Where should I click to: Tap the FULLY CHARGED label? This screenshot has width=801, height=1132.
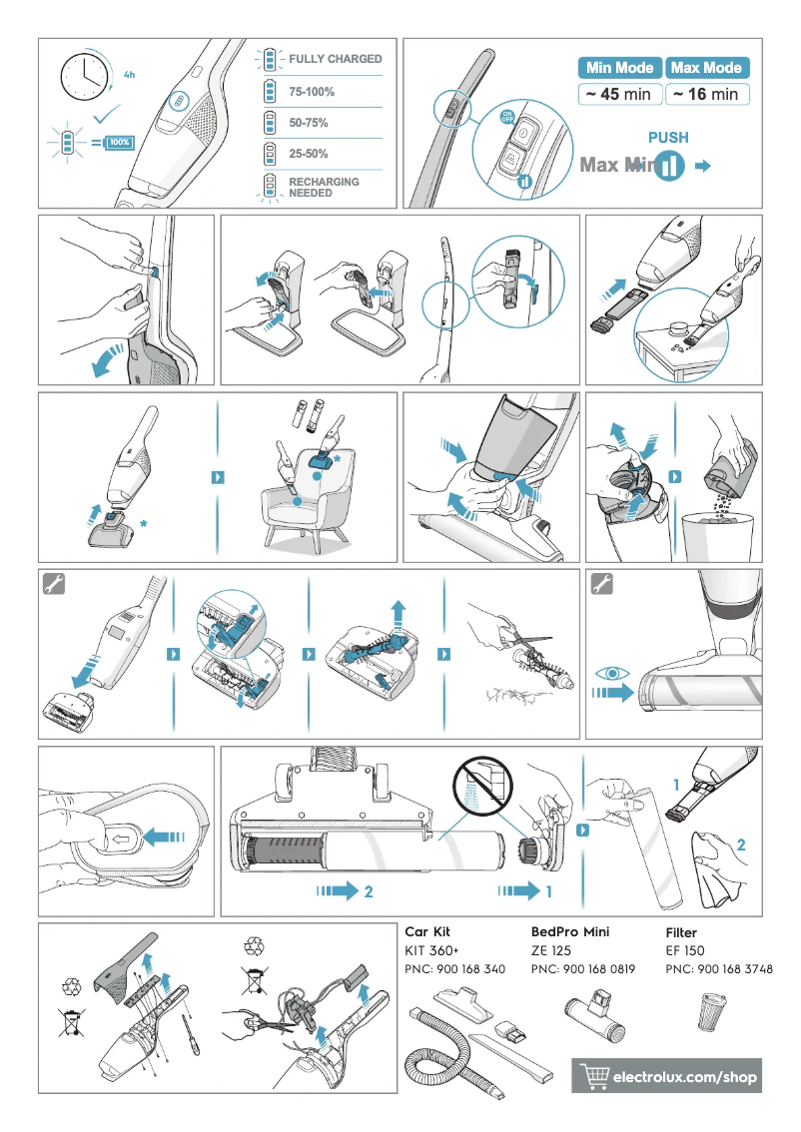click(335, 59)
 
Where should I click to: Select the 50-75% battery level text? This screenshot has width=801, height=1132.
click(309, 123)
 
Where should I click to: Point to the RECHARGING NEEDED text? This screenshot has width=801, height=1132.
click(324, 187)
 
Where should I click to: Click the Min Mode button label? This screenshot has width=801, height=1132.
click(619, 68)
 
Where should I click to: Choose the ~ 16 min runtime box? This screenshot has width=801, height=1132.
click(706, 95)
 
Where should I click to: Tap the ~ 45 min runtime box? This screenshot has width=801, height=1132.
click(619, 95)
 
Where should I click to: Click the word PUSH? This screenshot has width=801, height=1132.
click(668, 138)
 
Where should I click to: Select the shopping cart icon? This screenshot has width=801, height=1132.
click(595, 1076)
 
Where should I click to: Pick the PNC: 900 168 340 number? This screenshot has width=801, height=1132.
click(454, 969)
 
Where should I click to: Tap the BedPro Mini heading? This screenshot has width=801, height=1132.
click(570, 931)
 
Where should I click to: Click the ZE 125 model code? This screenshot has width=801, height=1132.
click(552, 950)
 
